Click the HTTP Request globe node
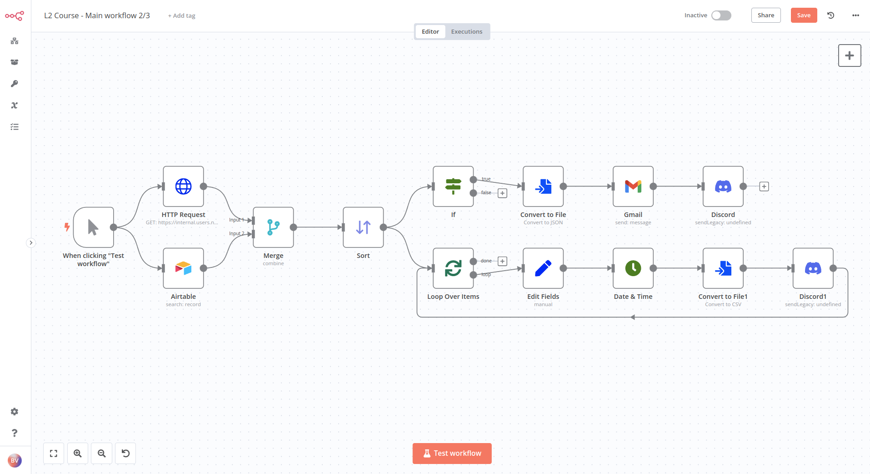(x=183, y=187)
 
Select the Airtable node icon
(x=183, y=268)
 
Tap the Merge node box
(x=273, y=227)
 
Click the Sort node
(x=363, y=227)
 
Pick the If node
(x=453, y=187)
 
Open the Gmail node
(x=633, y=187)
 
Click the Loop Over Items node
(x=453, y=268)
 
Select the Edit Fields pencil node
(x=543, y=268)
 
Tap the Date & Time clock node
(x=633, y=268)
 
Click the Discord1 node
(x=813, y=268)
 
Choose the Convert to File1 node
(x=723, y=268)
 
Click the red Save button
(x=804, y=15)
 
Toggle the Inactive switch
(x=721, y=15)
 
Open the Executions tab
(x=466, y=32)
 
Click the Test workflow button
(x=452, y=454)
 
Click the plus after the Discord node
(x=764, y=187)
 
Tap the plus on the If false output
(x=502, y=193)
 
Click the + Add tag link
(x=182, y=16)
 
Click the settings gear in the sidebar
(x=15, y=412)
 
